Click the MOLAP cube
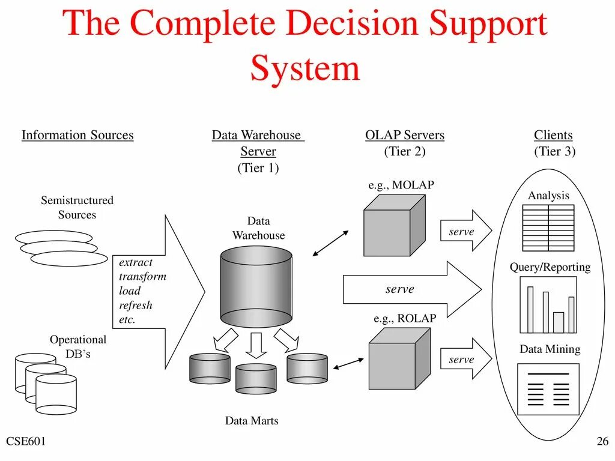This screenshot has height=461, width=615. pos(394,226)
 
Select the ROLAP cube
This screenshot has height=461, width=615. pos(399,358)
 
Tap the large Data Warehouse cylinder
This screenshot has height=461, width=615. pos(256,289)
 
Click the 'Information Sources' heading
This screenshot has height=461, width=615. pos(77,135)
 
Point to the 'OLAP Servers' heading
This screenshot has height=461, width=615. pos(405,135)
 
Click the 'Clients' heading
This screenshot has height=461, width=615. pos(553,135)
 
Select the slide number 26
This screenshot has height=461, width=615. pos(602,442)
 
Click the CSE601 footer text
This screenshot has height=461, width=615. pos(26,442)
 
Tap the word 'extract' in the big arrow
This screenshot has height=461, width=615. pos(136,262)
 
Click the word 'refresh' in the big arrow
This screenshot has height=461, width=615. pos(136,306)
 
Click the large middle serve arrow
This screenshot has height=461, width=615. pos(411,289)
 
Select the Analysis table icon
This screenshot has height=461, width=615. pos(548,227)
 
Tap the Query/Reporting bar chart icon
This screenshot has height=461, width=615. pos(548,306)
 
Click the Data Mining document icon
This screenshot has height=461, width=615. pos(548,388)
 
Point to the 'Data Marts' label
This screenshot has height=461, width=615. pos(252,421)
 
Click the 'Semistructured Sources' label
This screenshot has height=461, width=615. pos(77,208)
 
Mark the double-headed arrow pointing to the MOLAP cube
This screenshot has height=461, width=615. pos(331,244)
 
